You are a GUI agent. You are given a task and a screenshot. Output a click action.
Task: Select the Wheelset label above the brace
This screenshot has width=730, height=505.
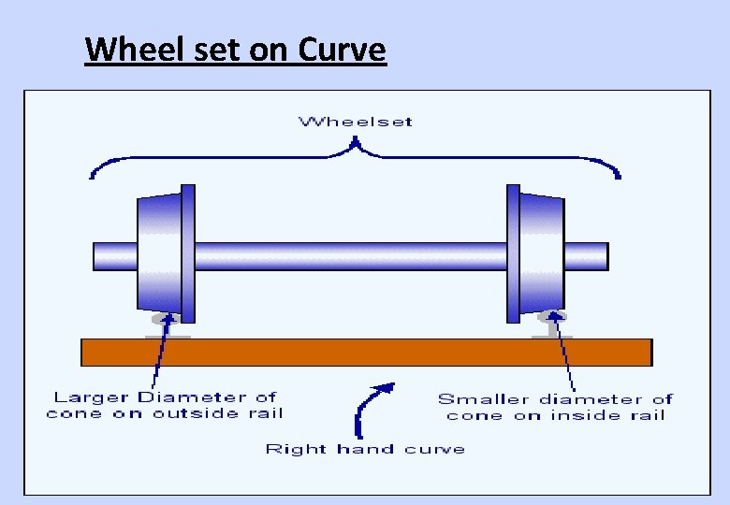pyautogui.click(x=355, y=122)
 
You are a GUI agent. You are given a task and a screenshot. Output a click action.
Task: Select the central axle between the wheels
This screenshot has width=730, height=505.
pyautogui.click(x=350, y=255)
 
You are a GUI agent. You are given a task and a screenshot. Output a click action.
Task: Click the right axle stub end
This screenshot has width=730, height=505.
pyautogui.click(x=586, y=255)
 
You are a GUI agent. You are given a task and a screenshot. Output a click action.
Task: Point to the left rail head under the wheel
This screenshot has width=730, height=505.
pyautogui.click(x=168, y=323)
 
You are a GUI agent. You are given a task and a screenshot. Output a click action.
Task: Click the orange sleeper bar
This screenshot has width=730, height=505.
pyautogui.click(x=366, y=352)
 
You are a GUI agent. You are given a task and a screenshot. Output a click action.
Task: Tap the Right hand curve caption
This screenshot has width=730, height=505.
pyautogui.click(x=365, y=449)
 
